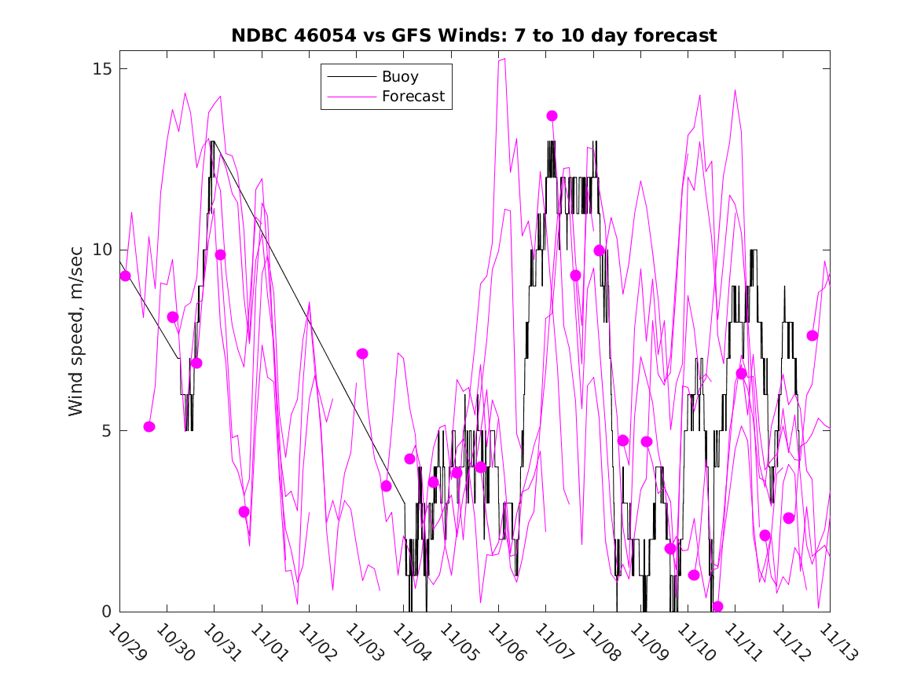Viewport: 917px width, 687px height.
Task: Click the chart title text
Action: (x=474, y=36)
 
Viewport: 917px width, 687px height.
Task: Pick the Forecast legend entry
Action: (x=413, y=97)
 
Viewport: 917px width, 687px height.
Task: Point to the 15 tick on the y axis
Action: (x=104, y=68)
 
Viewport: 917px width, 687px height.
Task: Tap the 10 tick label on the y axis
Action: (x=104, y=250)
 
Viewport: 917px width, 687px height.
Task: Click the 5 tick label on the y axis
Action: (x=108, y=431)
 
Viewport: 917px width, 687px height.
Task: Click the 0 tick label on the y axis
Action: (x=108, y=612)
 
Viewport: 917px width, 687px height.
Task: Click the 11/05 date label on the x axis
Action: (x=457, y=643)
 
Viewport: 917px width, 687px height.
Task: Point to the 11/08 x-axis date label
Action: (x=600, y=643)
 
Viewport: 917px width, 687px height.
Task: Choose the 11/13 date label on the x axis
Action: (x=836, y=643)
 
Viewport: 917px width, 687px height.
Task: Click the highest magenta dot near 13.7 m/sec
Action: (x=552, y=115)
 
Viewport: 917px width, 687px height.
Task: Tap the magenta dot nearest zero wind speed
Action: (x=717, y=606)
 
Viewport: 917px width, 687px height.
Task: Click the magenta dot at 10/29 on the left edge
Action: (x=125, y=276)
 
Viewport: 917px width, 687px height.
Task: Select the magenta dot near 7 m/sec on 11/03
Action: (x=362, y=353)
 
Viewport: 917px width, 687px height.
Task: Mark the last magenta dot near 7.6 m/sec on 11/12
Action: (x=812, y=335)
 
